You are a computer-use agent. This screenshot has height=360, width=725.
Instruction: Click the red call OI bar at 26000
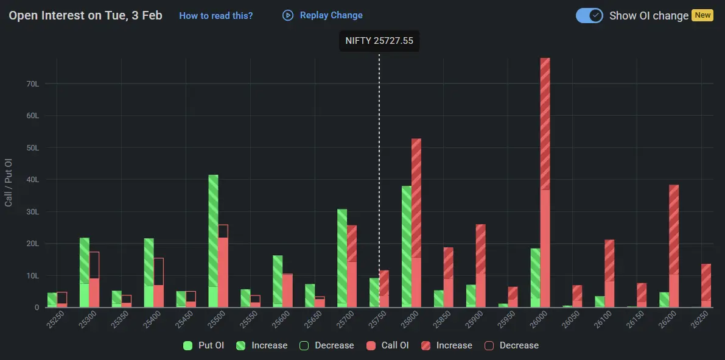point(545,183)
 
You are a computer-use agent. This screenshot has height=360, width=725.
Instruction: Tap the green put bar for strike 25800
point(407,247)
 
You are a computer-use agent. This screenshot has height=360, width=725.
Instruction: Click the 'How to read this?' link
point(215,16)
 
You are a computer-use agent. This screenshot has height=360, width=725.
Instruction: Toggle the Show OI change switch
point(589,16)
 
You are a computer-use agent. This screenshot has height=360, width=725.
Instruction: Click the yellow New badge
point(702,15)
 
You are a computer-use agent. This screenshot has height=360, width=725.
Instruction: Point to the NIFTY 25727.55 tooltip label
point(379,41)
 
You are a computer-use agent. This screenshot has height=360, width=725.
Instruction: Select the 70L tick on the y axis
point(32,83)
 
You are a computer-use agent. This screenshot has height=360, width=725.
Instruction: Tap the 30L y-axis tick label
point(32,212)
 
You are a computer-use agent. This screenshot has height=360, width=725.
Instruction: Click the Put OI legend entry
point(204,345)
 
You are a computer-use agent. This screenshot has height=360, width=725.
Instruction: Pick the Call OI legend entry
point(388,345)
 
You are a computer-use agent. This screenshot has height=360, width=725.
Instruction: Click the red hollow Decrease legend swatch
point(489,345)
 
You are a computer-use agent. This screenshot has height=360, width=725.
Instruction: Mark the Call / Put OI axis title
point(9,183)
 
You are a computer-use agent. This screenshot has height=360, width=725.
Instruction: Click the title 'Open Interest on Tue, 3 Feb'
point(86,16)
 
